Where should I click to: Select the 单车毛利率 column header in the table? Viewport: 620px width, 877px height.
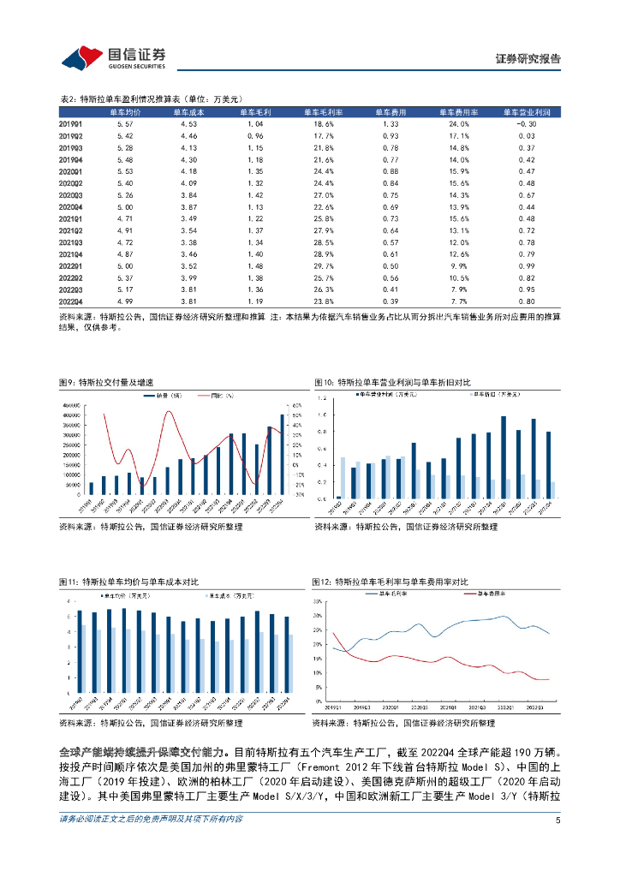pos(322,112)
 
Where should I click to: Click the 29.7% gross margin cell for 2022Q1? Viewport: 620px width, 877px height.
pos(322,266)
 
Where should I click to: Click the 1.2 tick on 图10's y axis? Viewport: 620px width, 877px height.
pos(321,399)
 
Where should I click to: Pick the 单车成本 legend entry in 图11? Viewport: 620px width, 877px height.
pos(226,594)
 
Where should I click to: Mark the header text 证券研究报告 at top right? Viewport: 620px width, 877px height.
pos(528,59)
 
